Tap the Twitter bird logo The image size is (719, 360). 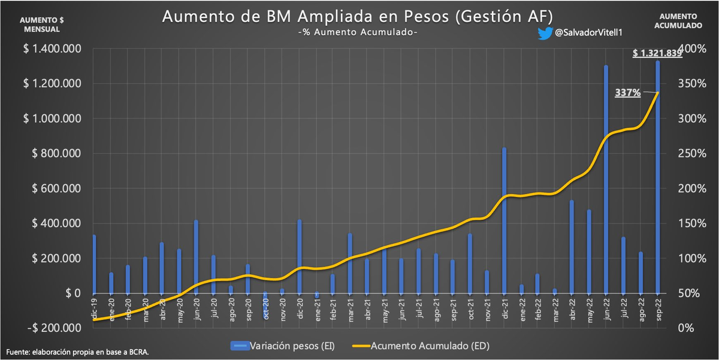545,34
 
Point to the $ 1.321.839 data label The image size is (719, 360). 657,53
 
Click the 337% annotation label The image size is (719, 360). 628,93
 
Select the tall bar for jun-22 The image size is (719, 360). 606,180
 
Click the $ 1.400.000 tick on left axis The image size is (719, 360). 53,49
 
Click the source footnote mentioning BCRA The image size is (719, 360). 78,352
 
